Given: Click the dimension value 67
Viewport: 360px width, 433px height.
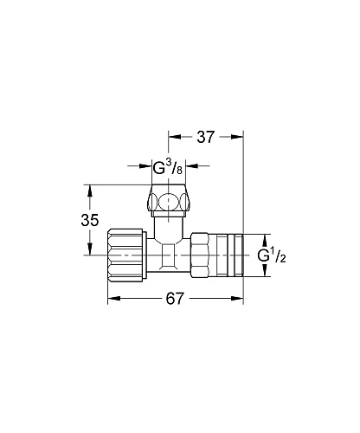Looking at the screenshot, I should pos(176,299).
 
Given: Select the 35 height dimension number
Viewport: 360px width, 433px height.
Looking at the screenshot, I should pos(90,220).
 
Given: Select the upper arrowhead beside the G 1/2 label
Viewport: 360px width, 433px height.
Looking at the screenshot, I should pos(266,237).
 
